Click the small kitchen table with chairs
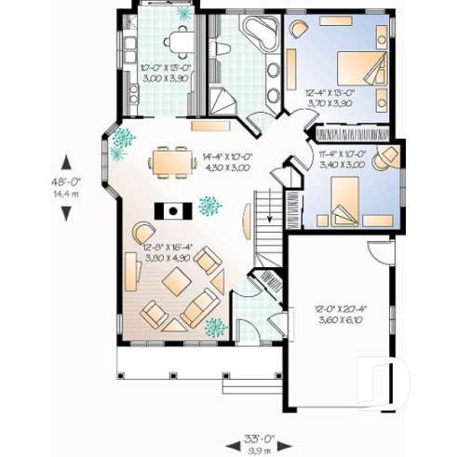179,37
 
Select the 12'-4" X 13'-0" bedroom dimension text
330,97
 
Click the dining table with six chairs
170,160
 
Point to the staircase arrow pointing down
269,219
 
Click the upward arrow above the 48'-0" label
66,162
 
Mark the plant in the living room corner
215,326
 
